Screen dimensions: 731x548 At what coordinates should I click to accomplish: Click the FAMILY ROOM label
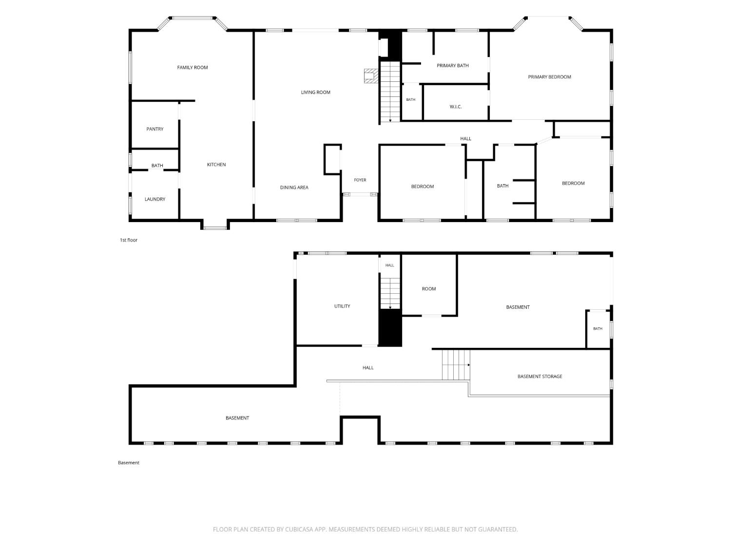point(192,68)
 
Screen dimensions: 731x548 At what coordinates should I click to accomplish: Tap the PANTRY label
point(155,129)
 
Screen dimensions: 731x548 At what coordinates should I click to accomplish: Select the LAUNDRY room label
point(155,199)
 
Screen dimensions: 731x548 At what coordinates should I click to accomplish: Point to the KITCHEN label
point(216,164)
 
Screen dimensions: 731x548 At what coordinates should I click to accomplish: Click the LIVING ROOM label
point(315,92)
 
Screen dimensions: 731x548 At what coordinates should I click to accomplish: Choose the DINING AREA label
point(294,188)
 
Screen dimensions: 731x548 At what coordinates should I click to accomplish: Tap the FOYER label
point(360,180)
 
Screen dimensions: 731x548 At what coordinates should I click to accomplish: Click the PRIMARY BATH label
point(453,66)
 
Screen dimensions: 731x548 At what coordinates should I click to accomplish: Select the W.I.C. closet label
point(456,107)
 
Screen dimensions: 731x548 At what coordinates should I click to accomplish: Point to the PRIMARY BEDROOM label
point(550,77)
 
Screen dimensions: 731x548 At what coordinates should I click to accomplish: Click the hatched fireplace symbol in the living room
point(371,76)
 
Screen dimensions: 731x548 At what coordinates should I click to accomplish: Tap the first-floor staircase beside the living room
point(390,92)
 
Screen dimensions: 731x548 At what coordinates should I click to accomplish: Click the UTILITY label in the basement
point(342,306)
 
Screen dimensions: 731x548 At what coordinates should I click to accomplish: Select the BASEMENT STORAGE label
point(540,377)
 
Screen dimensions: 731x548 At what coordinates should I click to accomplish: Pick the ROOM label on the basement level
point(428,289)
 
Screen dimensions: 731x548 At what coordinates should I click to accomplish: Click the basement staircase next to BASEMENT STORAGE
point(456,365)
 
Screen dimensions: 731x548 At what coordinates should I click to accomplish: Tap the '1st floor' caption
point(129,240)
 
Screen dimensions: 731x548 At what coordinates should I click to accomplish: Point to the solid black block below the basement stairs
point(390,328)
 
